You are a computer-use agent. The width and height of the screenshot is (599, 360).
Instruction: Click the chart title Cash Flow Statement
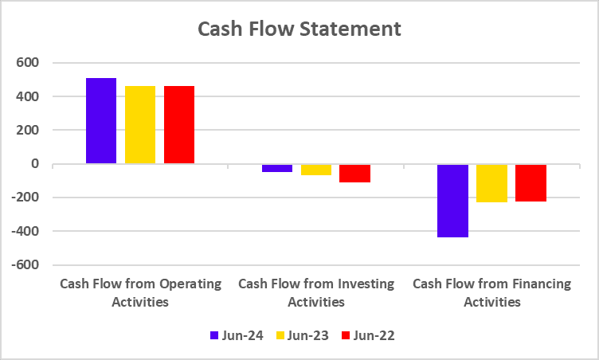(299, 29)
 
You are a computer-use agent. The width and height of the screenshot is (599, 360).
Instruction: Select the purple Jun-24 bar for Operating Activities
(101, 121)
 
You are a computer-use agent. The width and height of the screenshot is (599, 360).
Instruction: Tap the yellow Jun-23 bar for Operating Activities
(140, 125)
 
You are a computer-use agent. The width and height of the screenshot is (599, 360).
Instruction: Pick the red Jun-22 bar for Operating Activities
(179, 125)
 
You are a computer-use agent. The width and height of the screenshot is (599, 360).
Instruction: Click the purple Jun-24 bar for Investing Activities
(277, 168)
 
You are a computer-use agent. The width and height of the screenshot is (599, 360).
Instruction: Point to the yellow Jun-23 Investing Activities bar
(316, 170)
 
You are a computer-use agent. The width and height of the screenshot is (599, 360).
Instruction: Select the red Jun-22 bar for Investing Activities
(355, 174)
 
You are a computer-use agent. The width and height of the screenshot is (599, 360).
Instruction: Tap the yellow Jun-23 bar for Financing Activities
(492, 183)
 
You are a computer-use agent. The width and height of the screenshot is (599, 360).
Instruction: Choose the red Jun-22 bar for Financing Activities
(531, 183)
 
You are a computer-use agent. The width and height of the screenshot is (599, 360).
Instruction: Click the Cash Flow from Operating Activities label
(140, 292)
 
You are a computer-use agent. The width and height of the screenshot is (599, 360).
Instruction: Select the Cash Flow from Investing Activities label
(316, 292)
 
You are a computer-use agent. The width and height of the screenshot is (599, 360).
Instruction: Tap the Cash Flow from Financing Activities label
(492, 292)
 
